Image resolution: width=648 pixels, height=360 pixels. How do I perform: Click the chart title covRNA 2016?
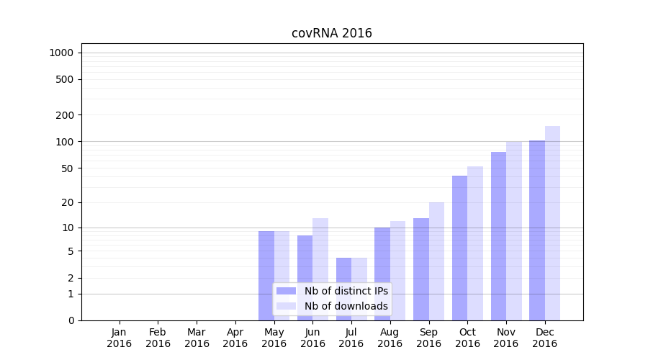[331, 33]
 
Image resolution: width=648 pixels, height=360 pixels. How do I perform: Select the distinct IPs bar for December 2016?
[537, 230]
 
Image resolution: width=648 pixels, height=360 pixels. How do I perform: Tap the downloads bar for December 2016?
[553, 223]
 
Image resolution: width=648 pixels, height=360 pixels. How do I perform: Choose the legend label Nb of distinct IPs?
[346, 291]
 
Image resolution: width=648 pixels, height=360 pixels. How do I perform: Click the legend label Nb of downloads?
[346, 306]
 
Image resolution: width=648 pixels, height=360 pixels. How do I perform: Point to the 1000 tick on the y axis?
[61, 53]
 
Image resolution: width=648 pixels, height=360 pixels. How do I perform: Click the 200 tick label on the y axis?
[65, 115]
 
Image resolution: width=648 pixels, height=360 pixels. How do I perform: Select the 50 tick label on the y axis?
[67, 168]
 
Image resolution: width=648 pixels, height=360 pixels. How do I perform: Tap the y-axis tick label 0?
[71, 320]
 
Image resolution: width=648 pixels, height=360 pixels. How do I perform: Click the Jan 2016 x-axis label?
[120, 338]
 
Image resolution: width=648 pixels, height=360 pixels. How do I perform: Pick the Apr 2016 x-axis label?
[235, 338]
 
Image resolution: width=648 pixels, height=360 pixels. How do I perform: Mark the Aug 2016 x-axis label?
[390, 338]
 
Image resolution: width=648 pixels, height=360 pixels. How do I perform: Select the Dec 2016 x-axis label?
[544, 338]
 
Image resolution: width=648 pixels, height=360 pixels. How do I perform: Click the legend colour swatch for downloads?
[286, 306]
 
